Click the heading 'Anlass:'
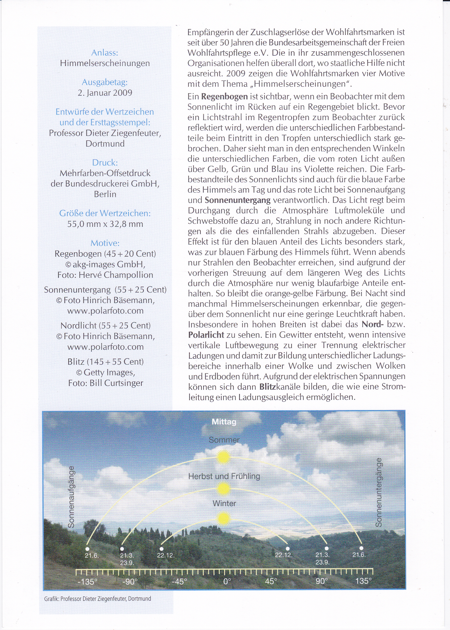[x=105, y=53]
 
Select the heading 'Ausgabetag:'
[x=105, y=82]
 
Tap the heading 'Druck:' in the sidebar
[x=105, y=163]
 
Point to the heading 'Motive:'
[x=105, y=243]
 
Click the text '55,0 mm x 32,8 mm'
[x=105, y=224]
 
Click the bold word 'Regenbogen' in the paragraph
[x=224, y=97]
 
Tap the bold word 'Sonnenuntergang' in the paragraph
[x=237, y=200]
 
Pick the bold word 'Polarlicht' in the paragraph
[x=206, y=335]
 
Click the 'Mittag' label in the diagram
[x=224, y=422]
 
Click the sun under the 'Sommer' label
[x=223, y=457]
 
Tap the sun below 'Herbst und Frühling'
[x=223, y=489]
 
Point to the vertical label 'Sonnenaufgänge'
[x=71, y=497]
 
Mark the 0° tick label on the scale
[x=227, y=581]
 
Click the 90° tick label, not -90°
[x=321, y=581]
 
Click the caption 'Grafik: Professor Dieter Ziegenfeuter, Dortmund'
[x=98, y=599]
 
